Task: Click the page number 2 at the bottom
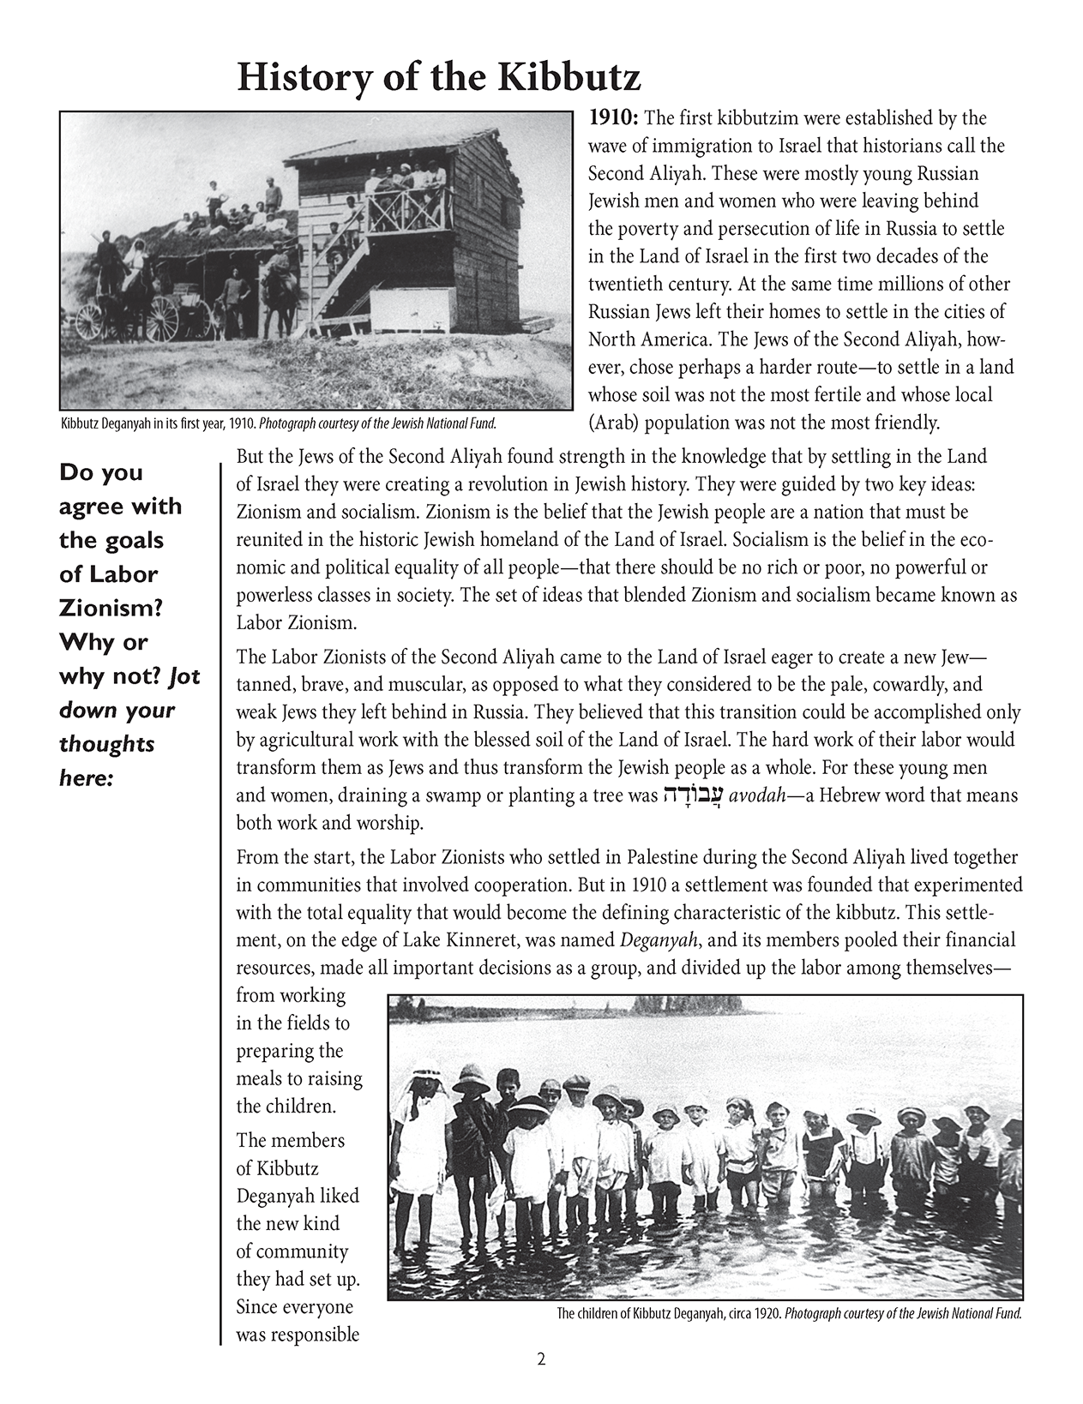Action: pos(541,1359)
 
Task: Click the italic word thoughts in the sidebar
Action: pos(106,744)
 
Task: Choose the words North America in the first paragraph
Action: pos(647,339)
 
